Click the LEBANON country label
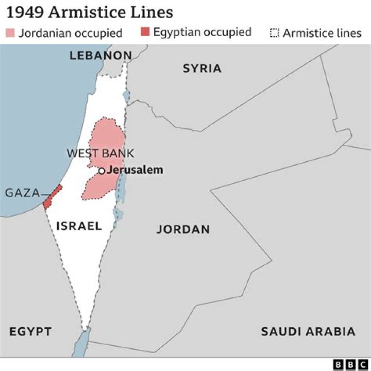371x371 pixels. coord(100,55)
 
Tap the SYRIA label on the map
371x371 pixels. coord(202,68)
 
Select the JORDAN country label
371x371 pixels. coord(183,229)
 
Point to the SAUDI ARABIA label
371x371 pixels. coord(308,331)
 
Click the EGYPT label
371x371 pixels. coord(30,331)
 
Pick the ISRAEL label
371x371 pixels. coord(79,226)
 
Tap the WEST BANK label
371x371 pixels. coord(100,153)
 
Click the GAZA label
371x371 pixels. coord(22,193)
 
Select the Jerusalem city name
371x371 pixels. coord(136,170)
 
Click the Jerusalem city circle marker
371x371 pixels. coord(102,171)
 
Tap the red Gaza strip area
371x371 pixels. coord(52,197)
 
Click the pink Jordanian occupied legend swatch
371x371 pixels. coord(10,33)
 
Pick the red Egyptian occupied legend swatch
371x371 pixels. coord(145,32)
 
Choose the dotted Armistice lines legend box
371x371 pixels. coord(274,33)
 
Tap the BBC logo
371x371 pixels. coord(350,364)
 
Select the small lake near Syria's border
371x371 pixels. coord(126,96)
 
